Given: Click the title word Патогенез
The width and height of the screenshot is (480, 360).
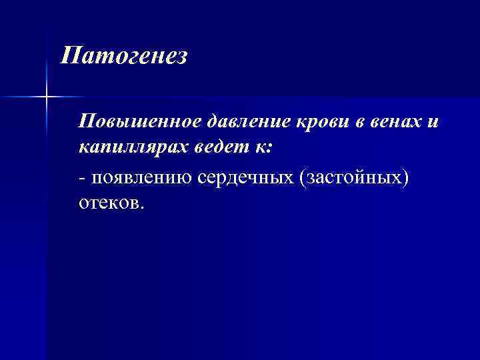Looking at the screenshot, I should pos(125,56).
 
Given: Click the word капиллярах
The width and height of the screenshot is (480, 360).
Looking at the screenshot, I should pos(133,147).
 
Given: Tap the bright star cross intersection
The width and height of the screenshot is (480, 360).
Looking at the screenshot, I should pos(47,97).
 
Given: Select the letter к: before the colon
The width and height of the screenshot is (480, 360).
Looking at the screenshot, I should pos(260,147).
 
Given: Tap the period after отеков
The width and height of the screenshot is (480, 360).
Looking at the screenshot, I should pos(141,207).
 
